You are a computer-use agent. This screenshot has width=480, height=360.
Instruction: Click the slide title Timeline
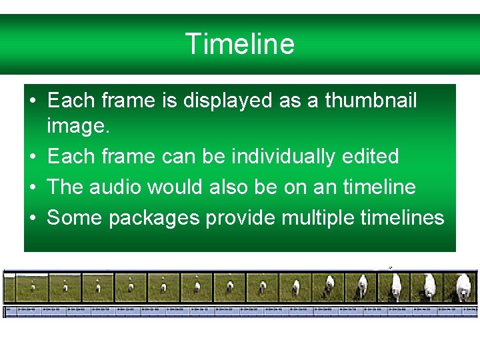[239, 44]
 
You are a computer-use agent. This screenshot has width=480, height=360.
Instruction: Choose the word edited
[374, 157]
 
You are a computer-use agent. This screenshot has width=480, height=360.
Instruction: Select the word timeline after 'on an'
[379, 187]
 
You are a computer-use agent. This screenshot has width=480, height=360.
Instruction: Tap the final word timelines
[402, 217]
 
